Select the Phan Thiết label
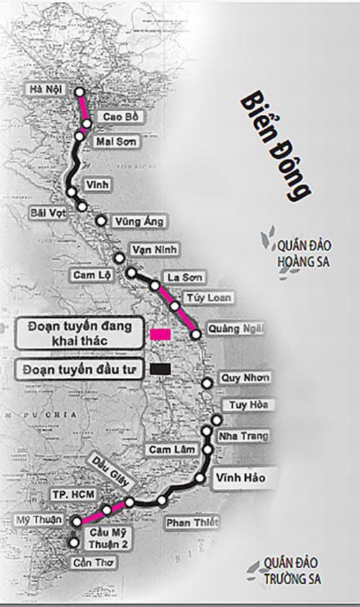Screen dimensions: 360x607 191,523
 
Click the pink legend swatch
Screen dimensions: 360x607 161,334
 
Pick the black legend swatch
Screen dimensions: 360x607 161,369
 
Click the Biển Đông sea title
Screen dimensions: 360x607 276,144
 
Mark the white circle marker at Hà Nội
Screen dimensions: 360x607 80,92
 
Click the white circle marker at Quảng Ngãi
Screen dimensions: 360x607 195,334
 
